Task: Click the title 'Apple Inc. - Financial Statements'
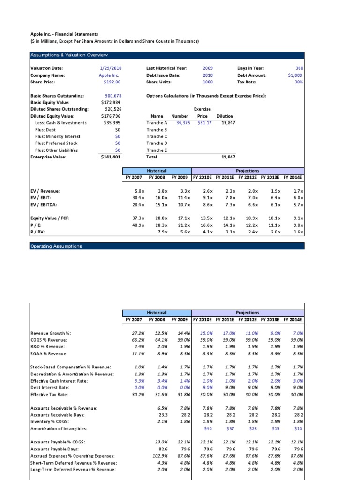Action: [64, 34]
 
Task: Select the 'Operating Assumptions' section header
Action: [56, 246]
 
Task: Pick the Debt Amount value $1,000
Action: [295, 75]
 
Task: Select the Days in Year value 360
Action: [299, 68]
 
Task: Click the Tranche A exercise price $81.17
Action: [204, 123]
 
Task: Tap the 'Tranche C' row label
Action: [157, 136]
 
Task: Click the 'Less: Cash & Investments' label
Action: [61, 123]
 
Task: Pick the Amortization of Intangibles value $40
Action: [207, 429]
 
